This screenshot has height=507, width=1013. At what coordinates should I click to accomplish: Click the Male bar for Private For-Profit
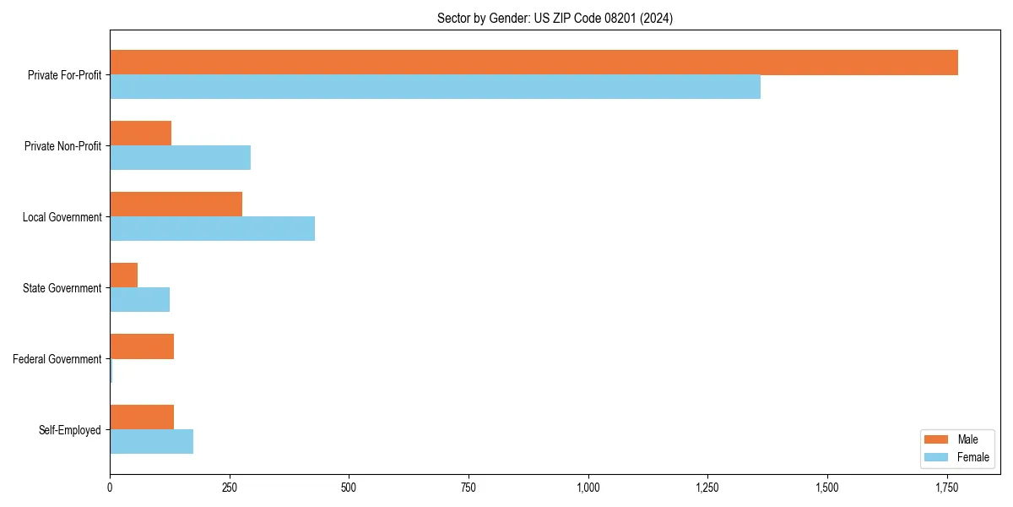534,63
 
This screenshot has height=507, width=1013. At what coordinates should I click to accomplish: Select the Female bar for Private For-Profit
435,87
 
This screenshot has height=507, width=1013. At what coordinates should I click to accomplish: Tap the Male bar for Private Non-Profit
140,134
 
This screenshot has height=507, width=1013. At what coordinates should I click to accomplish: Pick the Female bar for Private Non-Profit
180,158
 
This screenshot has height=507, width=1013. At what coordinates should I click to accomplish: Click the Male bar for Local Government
176,204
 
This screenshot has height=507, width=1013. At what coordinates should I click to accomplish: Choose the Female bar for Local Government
212,229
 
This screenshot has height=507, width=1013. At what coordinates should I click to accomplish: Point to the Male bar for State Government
123,275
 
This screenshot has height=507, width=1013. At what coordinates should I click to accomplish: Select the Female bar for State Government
139,300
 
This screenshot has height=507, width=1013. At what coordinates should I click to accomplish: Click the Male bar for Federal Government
142,346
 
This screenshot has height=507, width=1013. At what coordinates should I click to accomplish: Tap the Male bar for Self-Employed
142,417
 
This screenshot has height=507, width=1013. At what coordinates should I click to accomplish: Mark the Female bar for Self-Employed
151,442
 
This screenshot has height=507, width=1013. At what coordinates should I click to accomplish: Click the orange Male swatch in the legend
936,439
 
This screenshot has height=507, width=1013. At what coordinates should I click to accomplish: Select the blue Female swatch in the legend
936,457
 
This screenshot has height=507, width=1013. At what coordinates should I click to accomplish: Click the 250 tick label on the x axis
229,487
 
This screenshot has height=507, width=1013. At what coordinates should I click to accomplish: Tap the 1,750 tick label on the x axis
947,487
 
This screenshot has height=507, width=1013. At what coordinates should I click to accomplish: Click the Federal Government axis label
57,359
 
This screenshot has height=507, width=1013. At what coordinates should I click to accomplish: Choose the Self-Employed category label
70,430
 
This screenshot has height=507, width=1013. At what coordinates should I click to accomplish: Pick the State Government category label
62,288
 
